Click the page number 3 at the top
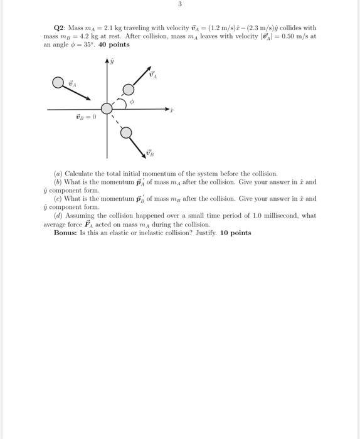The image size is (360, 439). pos(179,4)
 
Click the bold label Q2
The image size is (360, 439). pos(61,28)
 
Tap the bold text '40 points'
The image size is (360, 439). pos(115,45)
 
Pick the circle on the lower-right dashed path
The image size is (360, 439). pos(126,132)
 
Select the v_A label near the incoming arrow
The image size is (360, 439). pos(72,83)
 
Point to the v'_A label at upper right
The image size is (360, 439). pos(152,75)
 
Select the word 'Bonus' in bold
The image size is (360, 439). pos(65,233)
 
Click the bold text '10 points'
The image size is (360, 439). pos(235,233)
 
